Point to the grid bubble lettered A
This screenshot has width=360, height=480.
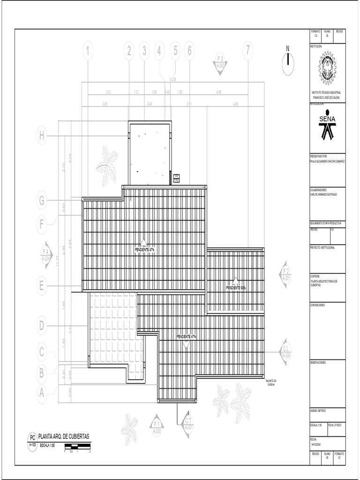[41, 393]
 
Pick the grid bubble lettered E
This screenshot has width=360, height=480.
[41, 285]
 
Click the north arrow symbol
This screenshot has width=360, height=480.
[288, 61]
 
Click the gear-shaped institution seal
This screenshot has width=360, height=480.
[327, 68]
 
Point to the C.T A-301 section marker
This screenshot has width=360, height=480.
[188, 424]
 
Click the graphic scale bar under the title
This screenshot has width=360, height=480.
[77, 445]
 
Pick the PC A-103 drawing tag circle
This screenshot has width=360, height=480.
[32, 441]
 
